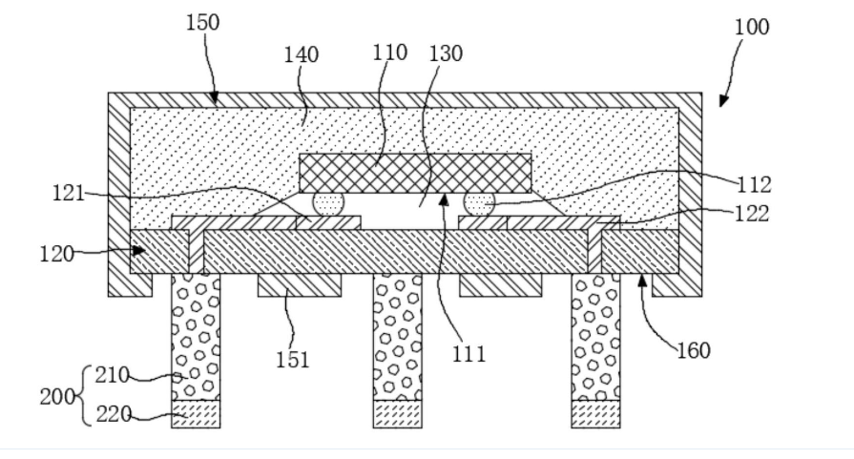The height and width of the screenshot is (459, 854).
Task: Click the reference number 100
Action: [x=751, y=26]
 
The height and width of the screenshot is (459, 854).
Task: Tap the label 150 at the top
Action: [x=201, y=22]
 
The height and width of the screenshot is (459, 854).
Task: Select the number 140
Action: [x=301, y=55]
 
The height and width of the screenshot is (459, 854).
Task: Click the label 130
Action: [x=446, y=53]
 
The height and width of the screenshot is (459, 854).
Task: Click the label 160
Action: [x=694, y=350]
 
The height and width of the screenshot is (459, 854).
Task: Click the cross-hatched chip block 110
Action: [x=415, y=172]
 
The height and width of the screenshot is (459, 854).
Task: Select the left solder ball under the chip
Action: [x=327, y=203]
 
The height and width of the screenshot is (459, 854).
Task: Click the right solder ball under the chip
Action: [x=477, y=203]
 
